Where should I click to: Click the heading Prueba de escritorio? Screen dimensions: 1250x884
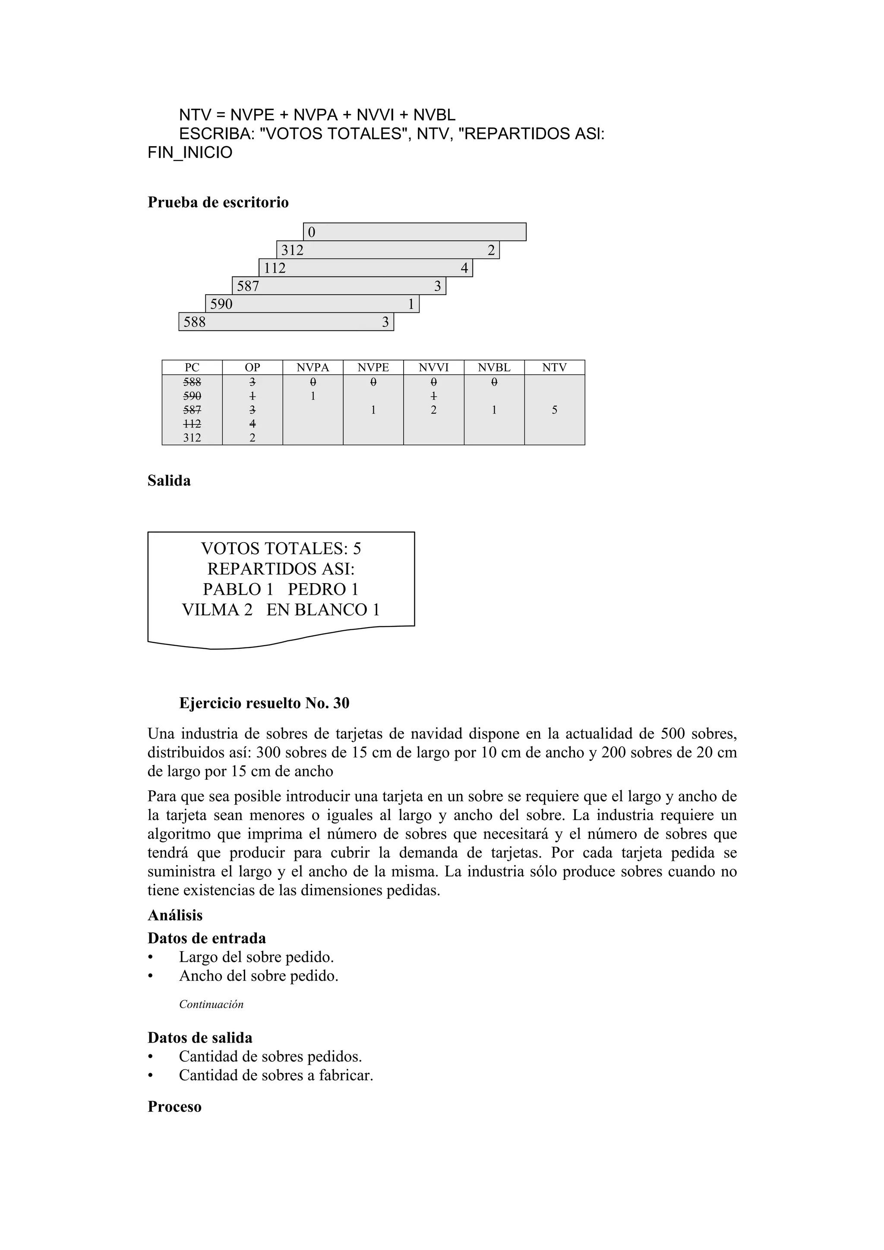point(218,203)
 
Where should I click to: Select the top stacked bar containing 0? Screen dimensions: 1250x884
point(414,232)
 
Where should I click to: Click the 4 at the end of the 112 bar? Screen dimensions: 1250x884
point(464,268)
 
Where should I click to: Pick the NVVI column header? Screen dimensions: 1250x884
point(433,367)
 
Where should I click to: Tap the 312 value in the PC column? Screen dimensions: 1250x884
point(192,438)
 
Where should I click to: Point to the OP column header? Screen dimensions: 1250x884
point(252,367)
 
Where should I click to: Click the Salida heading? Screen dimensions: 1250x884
point(169,481)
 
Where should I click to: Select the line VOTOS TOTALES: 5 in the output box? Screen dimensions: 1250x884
point(281,548)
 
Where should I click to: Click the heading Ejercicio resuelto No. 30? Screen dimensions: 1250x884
point(264,704)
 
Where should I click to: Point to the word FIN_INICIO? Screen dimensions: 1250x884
point(189,152)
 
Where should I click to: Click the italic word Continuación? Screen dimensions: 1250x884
point(212,1005)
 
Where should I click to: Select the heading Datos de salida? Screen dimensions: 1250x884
point(200,1038)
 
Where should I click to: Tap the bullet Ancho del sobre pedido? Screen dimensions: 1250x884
point(259,976)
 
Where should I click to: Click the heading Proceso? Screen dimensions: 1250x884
point(174,1107)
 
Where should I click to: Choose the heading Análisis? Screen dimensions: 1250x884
point(175,915)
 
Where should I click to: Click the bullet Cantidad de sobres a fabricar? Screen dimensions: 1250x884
point(276,1075)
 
